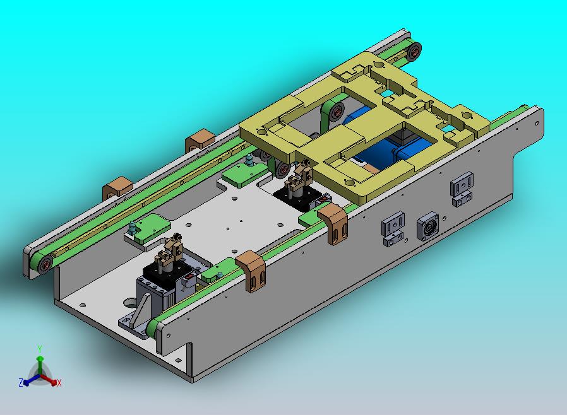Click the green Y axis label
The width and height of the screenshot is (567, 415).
(x=40, y=349)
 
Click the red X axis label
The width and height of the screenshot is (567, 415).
(x=59, y=383)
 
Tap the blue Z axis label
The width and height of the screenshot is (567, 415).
(x=21, y=382)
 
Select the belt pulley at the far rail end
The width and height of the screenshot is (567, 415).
(x=414, y=50)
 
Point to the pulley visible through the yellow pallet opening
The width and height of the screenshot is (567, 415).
(x=337, y=112)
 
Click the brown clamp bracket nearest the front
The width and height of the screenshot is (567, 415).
(x=251, y=271)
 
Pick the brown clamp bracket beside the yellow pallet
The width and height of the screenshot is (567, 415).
(x=333, y=223)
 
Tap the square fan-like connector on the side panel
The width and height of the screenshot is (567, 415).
(x=428, y=227)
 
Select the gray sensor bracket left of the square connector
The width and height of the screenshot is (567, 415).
(x=393, y=229)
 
